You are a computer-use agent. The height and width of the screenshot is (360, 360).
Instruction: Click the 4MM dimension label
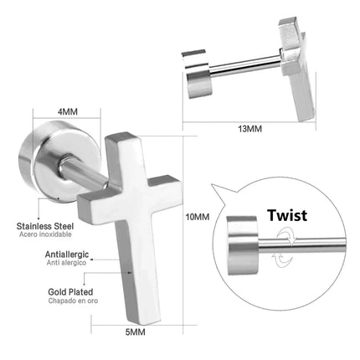(x=68, y=111)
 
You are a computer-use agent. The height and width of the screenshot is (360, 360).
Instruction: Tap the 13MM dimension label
(x=249, y=129)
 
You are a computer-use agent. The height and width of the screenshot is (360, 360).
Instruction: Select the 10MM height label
(x=198, y=217)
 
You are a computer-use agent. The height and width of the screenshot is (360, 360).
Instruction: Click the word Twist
(x=287, y=215)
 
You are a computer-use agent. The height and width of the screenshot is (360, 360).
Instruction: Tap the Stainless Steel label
(x=45, y=226)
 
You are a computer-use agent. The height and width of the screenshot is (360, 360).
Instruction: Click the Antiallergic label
(x=67, y=255)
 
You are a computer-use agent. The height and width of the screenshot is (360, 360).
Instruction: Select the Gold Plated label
(x=70, y=292)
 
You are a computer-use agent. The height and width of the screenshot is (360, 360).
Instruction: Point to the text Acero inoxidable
(x=45, y=234)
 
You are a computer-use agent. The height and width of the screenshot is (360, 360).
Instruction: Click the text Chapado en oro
(x=73, y=301)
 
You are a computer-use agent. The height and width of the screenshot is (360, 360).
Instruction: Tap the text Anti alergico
(x=66, y=263)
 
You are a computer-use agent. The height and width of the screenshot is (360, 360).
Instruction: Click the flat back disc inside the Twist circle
(x=242, y=245)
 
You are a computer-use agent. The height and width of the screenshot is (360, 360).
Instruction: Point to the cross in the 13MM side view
(x=296, y=69)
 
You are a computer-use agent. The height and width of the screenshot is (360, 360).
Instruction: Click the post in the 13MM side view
(x=245, y=65)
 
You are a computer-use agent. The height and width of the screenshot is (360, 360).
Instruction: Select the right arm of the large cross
(x=165, y=193)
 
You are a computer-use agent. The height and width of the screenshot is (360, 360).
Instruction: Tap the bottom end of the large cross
(x=145, y=321)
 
